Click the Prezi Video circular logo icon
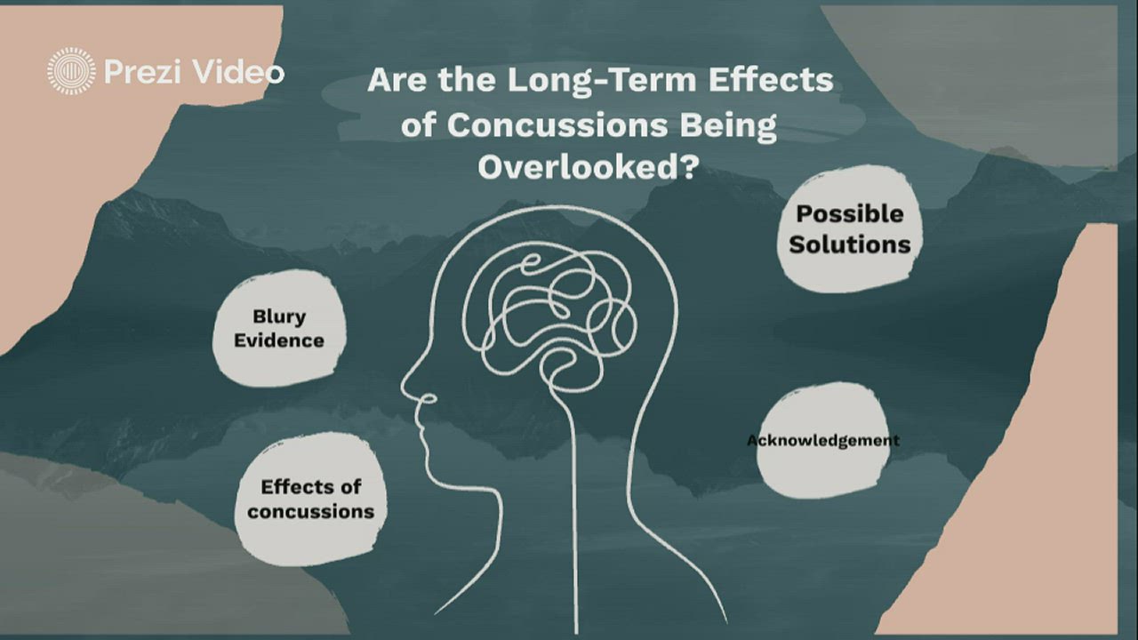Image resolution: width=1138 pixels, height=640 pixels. coord(71,71)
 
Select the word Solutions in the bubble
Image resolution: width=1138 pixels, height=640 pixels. coord(850,244)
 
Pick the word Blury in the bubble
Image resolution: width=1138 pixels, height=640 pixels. coord(278,316)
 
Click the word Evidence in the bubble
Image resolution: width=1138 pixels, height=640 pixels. coord(279,340)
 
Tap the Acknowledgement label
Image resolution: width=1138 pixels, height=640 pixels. coord(822,440)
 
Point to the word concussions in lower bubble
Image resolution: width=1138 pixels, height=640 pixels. coord(311,512)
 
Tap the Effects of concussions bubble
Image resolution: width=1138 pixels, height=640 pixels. coord(310,498)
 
